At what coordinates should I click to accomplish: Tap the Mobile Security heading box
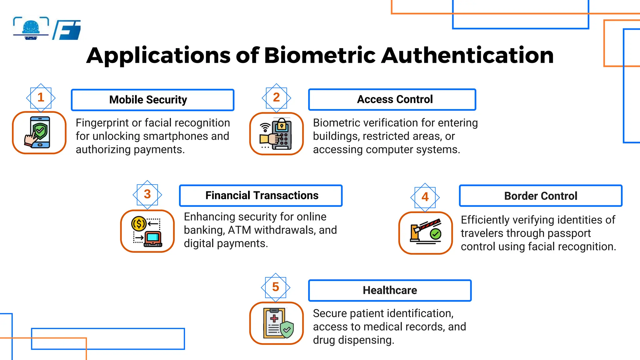point(152,100)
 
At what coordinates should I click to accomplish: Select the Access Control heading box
point(392,100)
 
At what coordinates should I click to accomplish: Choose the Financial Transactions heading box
point(261,196)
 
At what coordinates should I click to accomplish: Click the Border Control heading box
point(540,196)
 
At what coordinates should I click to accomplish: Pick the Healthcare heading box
point(390,290)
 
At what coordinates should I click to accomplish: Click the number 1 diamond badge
point(41,98)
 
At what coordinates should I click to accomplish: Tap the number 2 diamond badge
point(276,98)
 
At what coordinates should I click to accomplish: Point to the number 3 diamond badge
point(147,194)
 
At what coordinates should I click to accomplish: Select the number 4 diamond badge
point(425,197)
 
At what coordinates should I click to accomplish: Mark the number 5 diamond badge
point(276,287)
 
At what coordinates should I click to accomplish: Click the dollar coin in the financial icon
point(139,224)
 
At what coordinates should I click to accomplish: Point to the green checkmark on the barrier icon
point(435,234)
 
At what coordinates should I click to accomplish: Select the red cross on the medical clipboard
point(274,318)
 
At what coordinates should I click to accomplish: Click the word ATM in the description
point(239,230)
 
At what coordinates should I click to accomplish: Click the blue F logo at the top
point(67,30)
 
